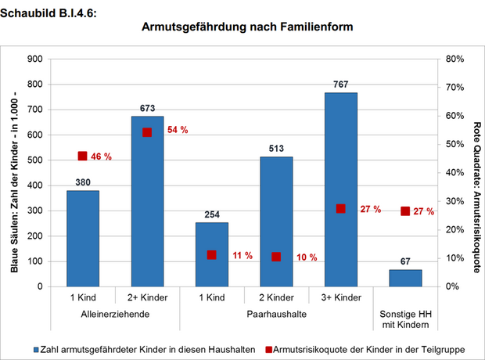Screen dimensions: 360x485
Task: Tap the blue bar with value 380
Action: pyautogui.click(x=83, y=238)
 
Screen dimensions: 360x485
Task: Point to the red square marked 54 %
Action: pyautogui.click(x=147, y=132)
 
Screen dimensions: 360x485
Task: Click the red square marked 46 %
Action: pyautogui.click(x=83, y=156)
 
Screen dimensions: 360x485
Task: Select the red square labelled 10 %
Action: pyautogui.click(x=276, y=257)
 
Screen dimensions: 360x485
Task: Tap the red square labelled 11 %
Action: pyautogui.click(x=212, y=255)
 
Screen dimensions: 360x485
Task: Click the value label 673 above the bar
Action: pyautogui.click(x=147, y=108)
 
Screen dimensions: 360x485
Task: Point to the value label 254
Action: pyautogui.click(x=211, y=214)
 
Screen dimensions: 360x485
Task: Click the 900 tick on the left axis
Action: pyautogui.click(x=34, y=59)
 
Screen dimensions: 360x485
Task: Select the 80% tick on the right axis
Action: pyautogui.click(x=454, y=59)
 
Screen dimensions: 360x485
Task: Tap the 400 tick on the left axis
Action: pyautogui.click(x=34, y=185)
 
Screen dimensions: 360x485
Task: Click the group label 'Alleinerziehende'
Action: pyautogui.click(x=115, y=314)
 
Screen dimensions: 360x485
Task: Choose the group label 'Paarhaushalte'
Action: pyautogui.click(x=276, y=314)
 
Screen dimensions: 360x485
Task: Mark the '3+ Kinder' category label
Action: pyautogui.click(x=340, y=298)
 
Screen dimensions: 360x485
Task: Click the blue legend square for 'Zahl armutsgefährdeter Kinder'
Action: pyautogui.click(x=37, y=349)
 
